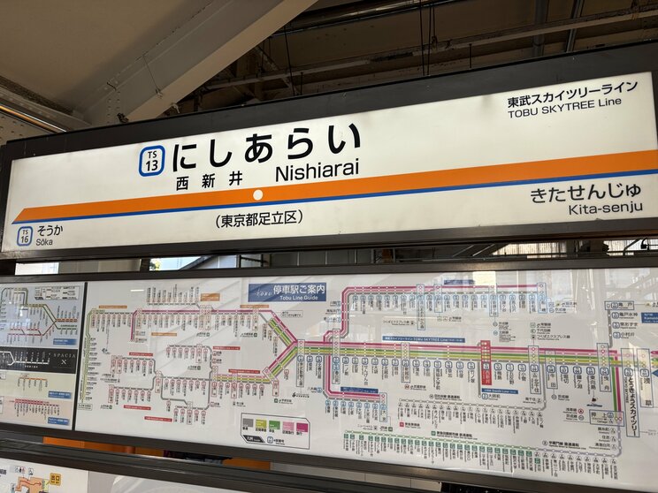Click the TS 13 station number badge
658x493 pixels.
(151, 161)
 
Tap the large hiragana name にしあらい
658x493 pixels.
(266, 147)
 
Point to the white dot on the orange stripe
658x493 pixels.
(257, 194)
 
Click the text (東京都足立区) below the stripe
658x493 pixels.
(258, 218)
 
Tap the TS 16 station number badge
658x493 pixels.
(24, 235)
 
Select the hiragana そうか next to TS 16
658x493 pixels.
(50, 230)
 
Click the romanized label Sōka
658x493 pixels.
(46, 240)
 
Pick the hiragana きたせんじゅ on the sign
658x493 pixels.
(586, 192)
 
